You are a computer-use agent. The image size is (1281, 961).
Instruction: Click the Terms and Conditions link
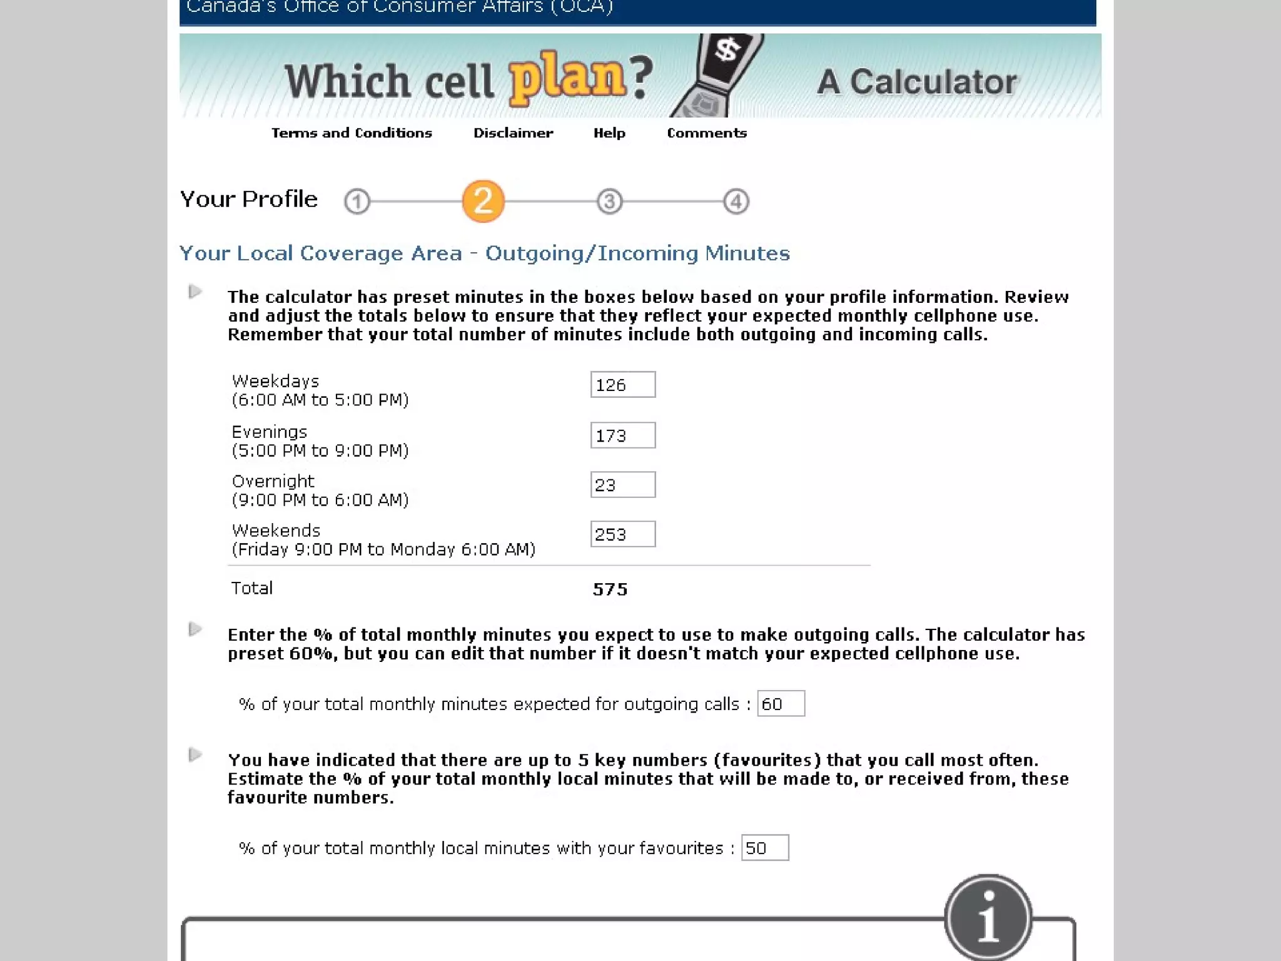pos(352,133)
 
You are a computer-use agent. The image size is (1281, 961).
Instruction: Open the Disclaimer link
pos(513,133)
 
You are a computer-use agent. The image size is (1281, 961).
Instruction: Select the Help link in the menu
pos(609,133)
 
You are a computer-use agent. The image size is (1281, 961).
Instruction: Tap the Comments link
pos(707,133)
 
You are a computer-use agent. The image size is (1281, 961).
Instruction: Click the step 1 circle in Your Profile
pos(357,201)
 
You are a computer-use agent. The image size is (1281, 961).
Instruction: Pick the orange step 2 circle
pos(483,201)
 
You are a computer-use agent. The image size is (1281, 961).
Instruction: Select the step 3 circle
pos(610,201)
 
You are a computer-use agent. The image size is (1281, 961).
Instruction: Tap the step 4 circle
pos(736,201)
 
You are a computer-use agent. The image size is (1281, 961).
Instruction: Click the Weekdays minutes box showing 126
pos(623,385)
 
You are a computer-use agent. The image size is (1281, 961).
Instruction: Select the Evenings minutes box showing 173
pos(623,435)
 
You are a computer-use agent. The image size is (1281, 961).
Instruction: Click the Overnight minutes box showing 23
pos(623,485)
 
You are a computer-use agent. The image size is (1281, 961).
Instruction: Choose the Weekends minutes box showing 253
pos(623,534)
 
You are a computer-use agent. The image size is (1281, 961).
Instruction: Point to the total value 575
pos(610,589)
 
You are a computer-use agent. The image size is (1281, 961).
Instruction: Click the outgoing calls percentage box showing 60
pos(781,704)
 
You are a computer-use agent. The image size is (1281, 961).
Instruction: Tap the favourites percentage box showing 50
pos(765,848)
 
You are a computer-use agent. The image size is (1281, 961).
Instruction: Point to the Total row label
pos(252,588)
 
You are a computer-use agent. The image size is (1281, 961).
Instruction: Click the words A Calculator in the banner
pos(917,82)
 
